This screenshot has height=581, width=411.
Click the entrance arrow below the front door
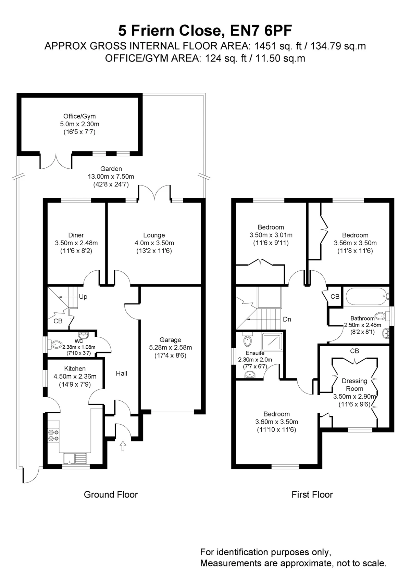click(123, 446)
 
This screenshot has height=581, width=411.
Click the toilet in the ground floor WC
click(55, 345)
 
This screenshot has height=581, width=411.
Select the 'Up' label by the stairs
click(83, 296)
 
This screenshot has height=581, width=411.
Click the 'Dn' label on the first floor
click(287, 319)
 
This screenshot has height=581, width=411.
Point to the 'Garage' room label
click(170, 339)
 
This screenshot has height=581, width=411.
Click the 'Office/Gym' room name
click(79, 116)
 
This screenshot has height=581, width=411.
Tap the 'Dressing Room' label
click(354, 385)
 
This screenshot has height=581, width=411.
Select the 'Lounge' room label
click(154, 235)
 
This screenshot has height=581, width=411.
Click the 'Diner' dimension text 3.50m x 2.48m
click(76, 243)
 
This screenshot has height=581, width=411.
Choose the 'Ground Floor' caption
click(111, 495)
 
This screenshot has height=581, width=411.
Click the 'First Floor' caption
click(312, 495)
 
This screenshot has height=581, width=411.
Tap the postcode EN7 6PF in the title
click(261, 30)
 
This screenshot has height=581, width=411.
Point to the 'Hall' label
click(122, 373)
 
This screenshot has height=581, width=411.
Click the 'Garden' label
click(111, 169)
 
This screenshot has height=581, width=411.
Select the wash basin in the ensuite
click(250, 374)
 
